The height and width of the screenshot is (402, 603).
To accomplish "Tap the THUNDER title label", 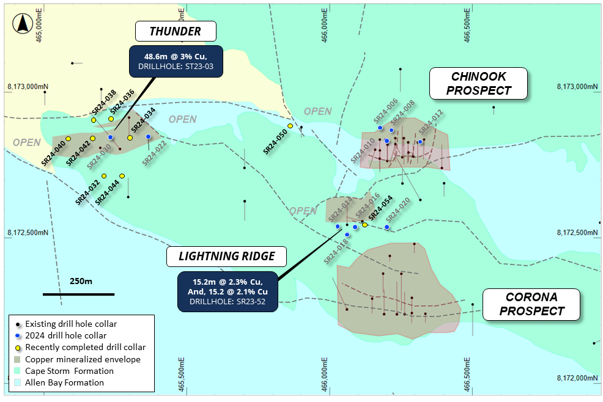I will (176, 31).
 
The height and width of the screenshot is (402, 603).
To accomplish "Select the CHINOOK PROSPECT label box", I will (478, 84).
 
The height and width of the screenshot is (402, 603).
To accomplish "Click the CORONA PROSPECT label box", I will (531, 304).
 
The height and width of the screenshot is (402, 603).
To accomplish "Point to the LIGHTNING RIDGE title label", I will (226, 257).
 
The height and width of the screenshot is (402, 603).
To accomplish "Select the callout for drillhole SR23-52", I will (227, 291).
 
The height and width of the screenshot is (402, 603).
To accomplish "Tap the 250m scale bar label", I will (80, 282).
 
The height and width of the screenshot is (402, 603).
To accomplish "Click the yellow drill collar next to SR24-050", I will (290, 126).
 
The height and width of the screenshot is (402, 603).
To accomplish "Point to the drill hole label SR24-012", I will (431, 123).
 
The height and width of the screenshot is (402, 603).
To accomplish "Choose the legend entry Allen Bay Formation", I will (65, 382).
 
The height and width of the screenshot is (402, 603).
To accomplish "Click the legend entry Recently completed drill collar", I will (80, 347).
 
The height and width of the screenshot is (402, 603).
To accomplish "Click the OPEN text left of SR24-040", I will (26, 142).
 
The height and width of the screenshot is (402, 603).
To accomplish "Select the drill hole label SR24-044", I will (108, 191).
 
